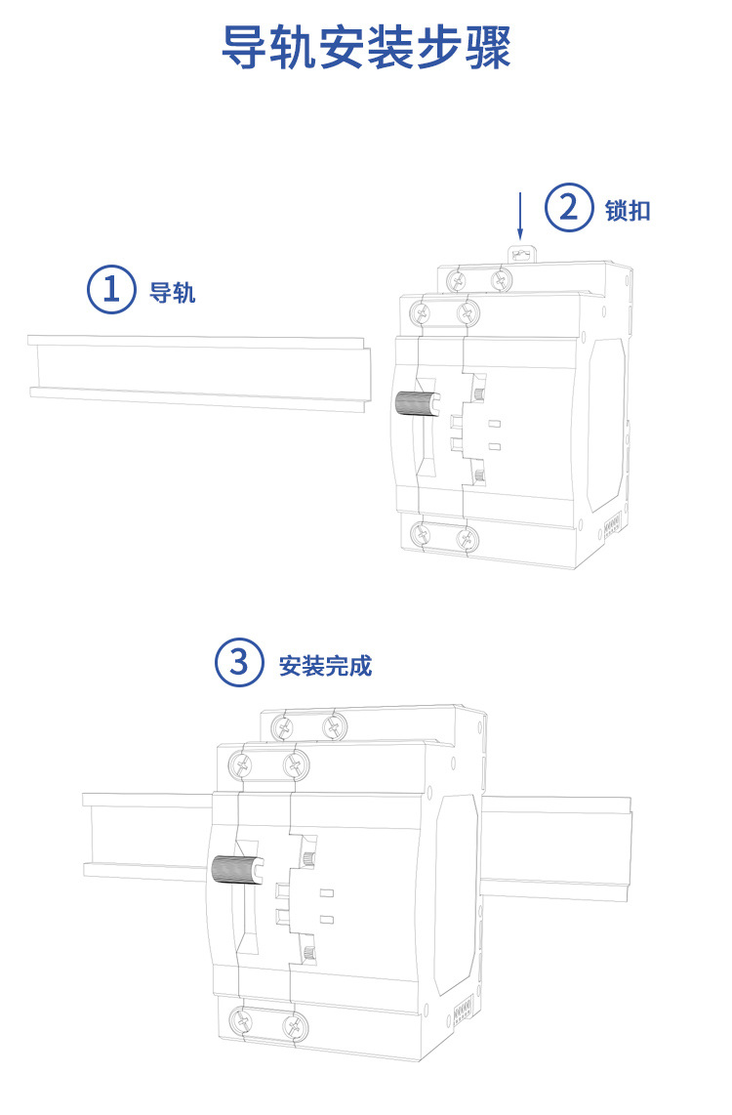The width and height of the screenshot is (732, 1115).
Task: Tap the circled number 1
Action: coord(112,289)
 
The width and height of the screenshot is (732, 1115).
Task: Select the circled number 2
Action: coord(568,209)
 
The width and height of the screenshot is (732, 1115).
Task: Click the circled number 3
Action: coord(239,664)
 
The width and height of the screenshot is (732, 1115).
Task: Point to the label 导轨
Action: coord(173,292)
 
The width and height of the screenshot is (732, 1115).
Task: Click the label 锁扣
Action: coord(628,211)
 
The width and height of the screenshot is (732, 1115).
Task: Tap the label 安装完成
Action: coord(325,667)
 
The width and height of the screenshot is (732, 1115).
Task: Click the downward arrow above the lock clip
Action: coord(520,217)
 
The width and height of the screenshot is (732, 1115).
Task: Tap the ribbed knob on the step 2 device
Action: coord(415,403)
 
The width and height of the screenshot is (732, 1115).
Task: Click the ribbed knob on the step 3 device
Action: coord(232,866)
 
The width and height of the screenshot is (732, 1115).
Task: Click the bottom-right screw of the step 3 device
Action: coord(291,1025)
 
